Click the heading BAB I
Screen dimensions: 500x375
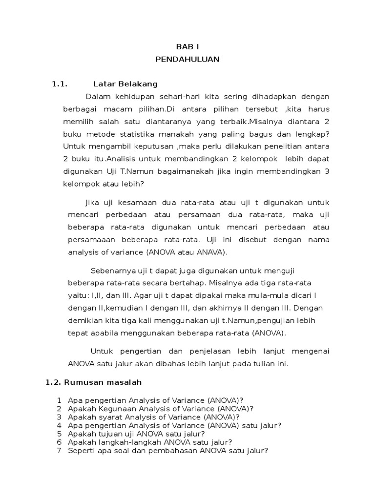click(187, 47)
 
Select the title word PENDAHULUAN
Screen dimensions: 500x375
click(187, 60)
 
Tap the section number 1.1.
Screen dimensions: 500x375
click(59, 84)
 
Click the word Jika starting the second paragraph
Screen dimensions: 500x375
click(92, 202)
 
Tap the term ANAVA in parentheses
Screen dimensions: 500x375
click(210, 252)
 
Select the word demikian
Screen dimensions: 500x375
click(85, 321)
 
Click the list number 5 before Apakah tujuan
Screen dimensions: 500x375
click(60, 434)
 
